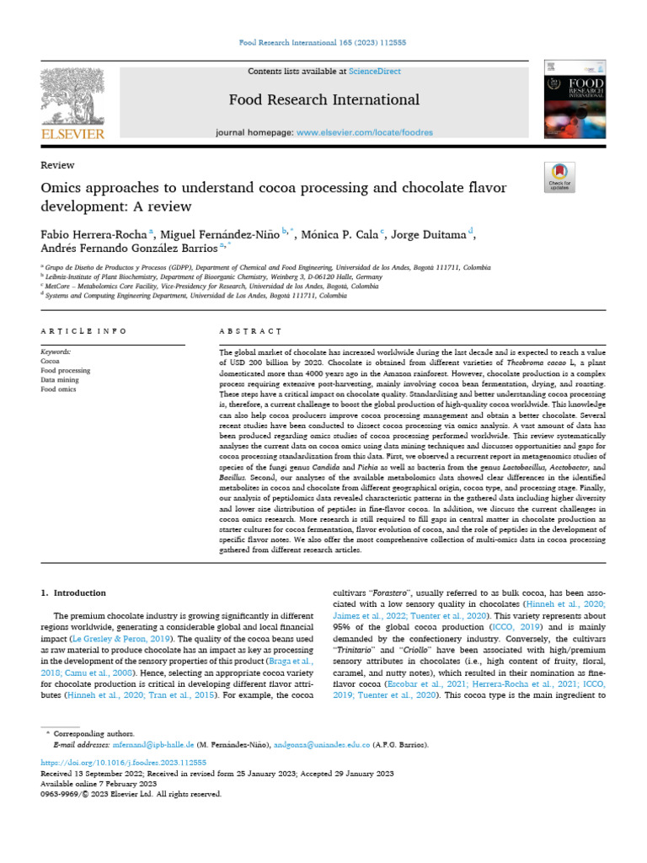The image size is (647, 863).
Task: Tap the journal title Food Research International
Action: [324, 100]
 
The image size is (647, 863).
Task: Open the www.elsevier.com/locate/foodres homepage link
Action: [364, 133]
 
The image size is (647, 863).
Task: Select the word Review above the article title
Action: [57, 165]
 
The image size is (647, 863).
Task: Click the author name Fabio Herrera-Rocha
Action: [94, 233]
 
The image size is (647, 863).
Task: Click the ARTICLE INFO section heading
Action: [84, 332]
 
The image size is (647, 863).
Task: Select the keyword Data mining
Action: [61, 380]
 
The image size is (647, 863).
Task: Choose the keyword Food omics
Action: [59, 390]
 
